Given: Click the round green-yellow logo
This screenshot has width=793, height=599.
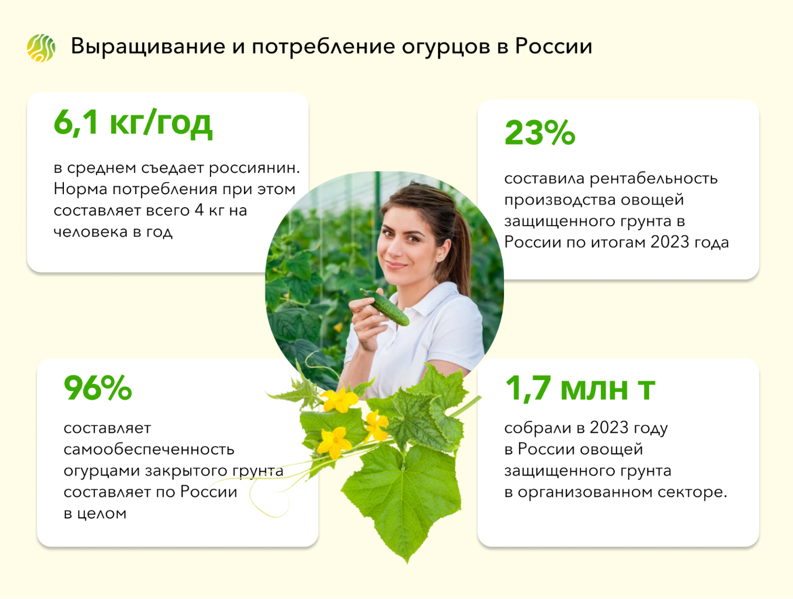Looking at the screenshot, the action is tap(41, 48).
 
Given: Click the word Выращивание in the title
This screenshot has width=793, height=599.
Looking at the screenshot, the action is tap(148, 47).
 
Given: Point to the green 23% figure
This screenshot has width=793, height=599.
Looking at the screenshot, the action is tap(540, 133).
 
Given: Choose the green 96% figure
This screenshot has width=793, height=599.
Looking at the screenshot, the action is tap(98, 388).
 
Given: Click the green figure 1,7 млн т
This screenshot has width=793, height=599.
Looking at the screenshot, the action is tap(580, 388).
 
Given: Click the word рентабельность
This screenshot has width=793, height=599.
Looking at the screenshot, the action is tap(654, 178).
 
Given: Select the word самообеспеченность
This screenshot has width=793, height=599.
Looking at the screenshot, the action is tap(149, 449).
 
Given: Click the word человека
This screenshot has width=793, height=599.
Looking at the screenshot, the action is tap(90, 232).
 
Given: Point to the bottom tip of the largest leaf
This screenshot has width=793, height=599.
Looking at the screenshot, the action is tap(407, 564).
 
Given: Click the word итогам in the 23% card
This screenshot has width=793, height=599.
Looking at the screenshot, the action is tap(619, 243).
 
